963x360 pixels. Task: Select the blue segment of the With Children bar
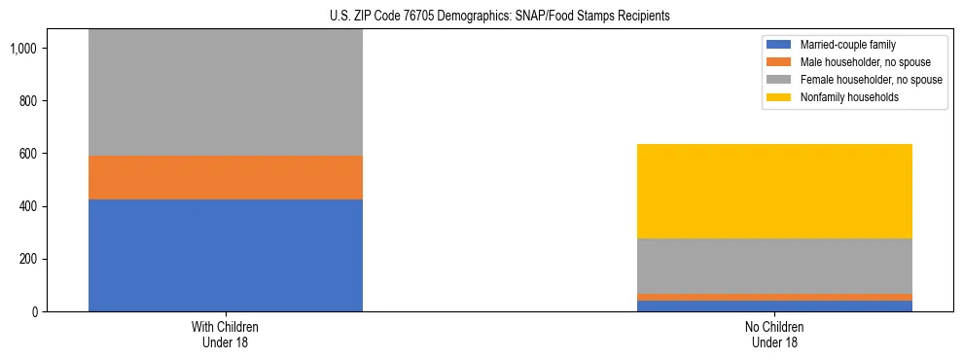pyautogui.click(x=226, y=255)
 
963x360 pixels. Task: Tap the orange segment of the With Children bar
pyautogui.click(x=226, y=177)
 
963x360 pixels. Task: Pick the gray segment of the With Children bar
pyautogui.click(x=226, y=92)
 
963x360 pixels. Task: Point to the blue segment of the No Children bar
pyautogui.click(x=774, y=306)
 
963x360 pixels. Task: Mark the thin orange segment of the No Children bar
pyautogui.click(x=774, y=297)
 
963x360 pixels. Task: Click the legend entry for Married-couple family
pyautogui.click(x=847, y=45)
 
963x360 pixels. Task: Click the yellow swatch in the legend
pyautogui.click(x=779, y=97)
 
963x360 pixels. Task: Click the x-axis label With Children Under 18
pyautogui.click(x=226, y=335)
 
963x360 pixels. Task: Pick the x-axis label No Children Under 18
pyautogui.click(x=774, y=335)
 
